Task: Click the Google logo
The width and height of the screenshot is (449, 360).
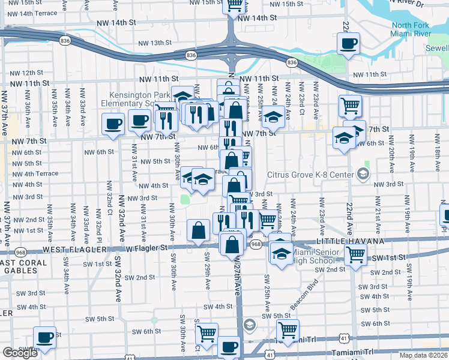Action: (20, 353)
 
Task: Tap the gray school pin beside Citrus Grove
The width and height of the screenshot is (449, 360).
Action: (363, 174)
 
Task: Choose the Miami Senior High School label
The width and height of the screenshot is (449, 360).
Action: (312, 256)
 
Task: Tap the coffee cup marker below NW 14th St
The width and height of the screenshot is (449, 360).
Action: (348, 44)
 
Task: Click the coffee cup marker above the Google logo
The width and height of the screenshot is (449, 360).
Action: (44, 337)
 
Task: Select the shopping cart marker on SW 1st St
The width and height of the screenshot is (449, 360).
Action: (355, 256)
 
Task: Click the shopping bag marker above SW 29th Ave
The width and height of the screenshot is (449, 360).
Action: (198, 230)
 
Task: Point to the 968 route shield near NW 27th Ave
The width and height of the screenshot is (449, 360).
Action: (256, 244)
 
